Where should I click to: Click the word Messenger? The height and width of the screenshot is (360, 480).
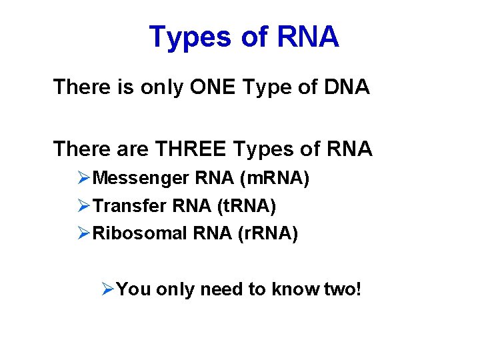point(141,179)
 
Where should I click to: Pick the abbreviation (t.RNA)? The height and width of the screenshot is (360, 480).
point(246,207)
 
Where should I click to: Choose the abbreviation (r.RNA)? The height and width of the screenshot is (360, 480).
point(267,234)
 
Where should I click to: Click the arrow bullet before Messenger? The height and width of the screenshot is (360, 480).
point(83,179)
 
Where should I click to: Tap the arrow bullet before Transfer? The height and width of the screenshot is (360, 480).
point(83,207)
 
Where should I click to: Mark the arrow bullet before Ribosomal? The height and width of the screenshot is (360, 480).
point(83,234)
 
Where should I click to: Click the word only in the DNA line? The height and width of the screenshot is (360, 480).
point(160,87)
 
